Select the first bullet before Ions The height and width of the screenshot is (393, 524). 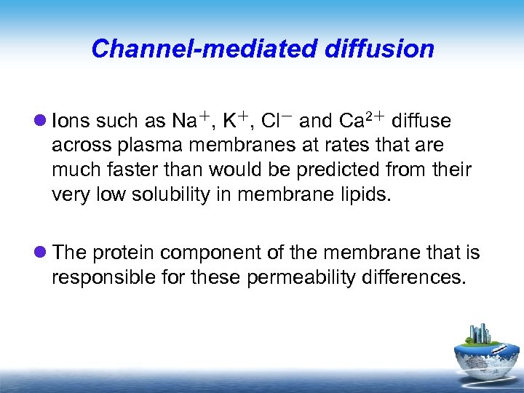pyautogui.click(x=41, y=120)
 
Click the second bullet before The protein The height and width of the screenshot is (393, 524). pyautogui.click(x=41, y=253)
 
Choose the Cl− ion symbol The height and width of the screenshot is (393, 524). pyautogui.click(x=277, y=119)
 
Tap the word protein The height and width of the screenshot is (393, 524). pyautogui.click(x=122, y=253)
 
